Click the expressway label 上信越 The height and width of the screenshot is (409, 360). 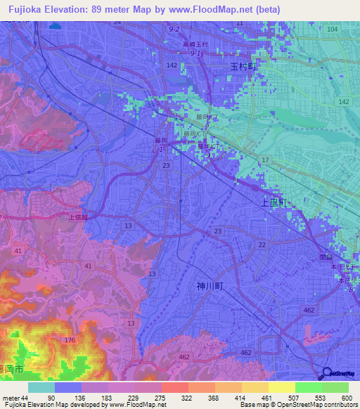click(x=78, y=218)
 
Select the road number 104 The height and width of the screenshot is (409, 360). click(x=332, y=29)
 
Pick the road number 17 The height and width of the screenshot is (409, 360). click(x=265, y=160)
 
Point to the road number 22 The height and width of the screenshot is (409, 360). click(x=262, y=244)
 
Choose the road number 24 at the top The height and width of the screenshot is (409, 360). click(x=117, y=22)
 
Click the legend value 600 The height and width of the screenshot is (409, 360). click(x=347, y=398)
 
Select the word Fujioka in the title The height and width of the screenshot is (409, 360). click(x=20, y=9)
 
